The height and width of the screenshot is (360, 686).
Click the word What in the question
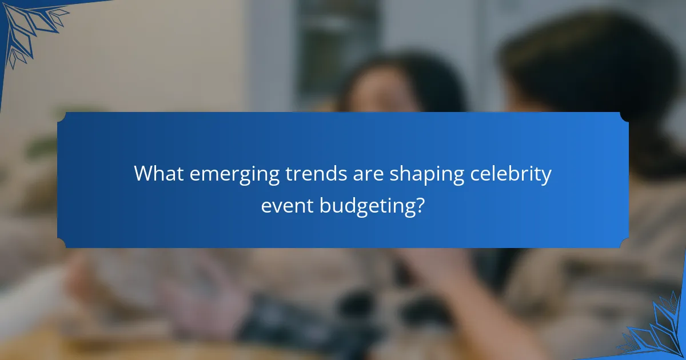click(158, 174)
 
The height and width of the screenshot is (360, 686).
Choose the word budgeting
click(365, 206)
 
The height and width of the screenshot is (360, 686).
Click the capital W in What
click(141, 174)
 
